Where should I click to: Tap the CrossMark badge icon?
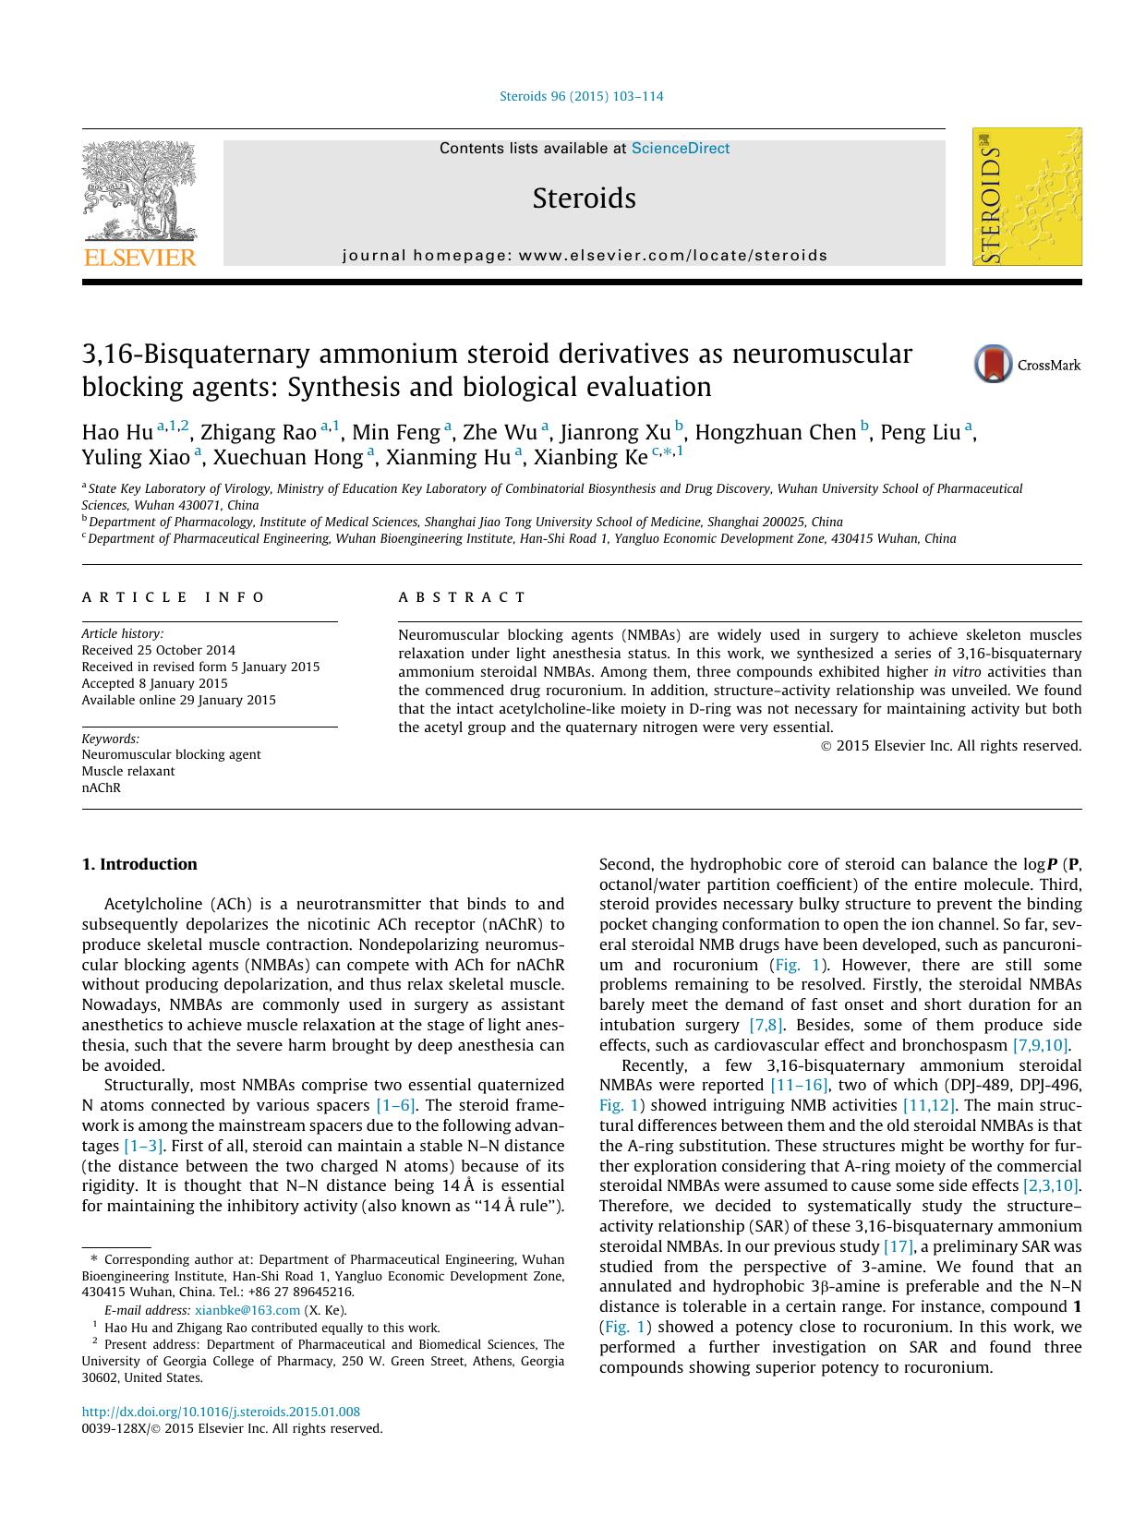click(994, 365)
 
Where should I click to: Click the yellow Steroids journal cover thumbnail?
click(1027, 197)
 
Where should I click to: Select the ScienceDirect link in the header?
click(681, 149)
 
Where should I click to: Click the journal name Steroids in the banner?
click(584, 198)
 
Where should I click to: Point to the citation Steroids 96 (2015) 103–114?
click(581, 96)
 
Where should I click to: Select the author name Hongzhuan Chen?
click(775, 433)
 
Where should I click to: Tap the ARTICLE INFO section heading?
click(174, 597)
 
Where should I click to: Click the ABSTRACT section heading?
click(463, 597)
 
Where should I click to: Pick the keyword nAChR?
click(102, 788)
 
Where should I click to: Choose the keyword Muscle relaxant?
click(128, 771)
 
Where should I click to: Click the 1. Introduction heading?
click(139, 864)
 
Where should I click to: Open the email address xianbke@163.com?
click(247, 1310)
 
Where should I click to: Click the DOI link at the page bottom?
click(221, 1412)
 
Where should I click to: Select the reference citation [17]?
click(899, 1246)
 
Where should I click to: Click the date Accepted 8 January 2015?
click(155, 683)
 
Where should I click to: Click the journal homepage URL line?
click(585, 256)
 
